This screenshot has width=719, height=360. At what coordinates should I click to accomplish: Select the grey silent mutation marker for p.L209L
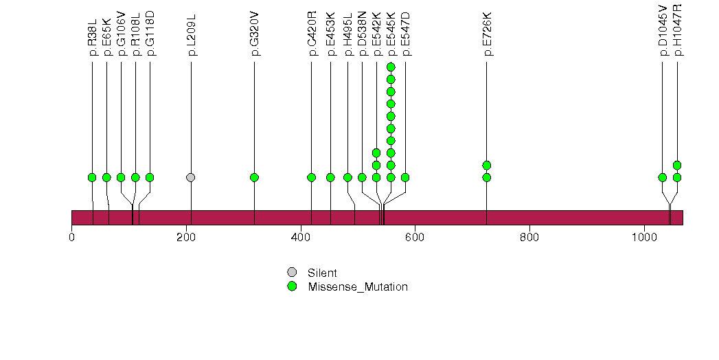tap(191, 177)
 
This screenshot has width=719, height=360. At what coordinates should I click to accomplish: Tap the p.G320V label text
tap(255, 41)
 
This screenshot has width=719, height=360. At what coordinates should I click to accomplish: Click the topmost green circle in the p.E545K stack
tap(391, 67)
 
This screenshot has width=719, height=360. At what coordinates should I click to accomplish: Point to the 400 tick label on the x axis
tap(301, 238)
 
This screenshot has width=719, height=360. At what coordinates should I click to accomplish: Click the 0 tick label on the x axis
tap(72, 238)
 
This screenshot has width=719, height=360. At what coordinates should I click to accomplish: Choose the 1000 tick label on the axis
tap(644, 238)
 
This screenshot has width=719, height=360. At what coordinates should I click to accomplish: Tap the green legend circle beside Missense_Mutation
tap(292, 286)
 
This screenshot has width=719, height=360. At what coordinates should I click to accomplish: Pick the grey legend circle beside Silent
tap(292, 273)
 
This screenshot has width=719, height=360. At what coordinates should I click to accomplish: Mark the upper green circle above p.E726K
tap(487, 165)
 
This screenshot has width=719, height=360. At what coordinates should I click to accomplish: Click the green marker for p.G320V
tap(255, 177)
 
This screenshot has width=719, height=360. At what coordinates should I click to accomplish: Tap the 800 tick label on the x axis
tap(529, 238)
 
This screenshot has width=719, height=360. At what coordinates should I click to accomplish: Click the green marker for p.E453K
tap(330, 177)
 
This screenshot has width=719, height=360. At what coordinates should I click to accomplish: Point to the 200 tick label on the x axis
tap(187, 238)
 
